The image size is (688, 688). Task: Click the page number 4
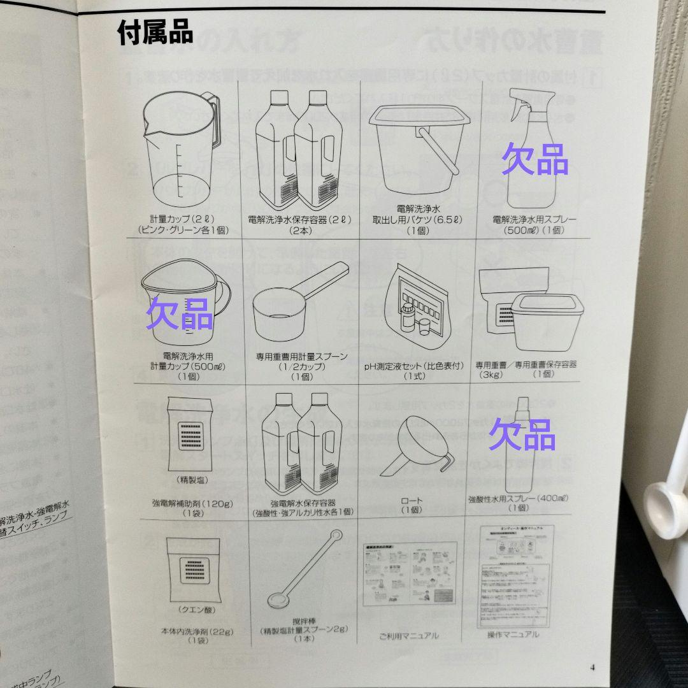point(592,668)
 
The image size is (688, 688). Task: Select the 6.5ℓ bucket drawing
point(419,143)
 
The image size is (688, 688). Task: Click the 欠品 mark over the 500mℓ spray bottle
point(534,160)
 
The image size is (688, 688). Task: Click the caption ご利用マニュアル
point(409,635)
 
